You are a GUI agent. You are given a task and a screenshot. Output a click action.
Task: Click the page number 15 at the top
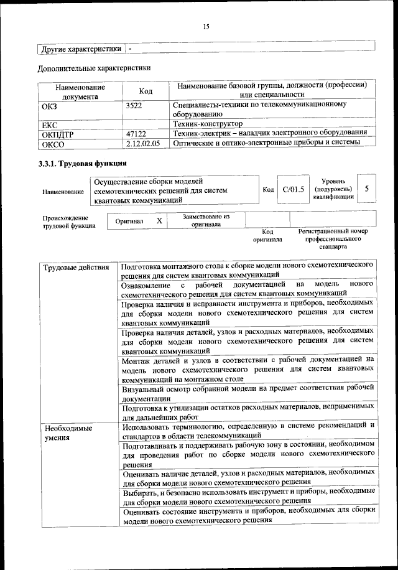206,26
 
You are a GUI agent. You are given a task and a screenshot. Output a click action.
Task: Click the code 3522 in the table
134,106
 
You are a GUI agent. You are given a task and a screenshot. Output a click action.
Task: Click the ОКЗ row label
49,106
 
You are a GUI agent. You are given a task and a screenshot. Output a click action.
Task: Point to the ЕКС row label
49,124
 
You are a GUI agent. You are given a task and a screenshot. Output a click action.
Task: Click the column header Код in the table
146,91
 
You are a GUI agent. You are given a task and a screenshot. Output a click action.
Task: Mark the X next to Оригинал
159,221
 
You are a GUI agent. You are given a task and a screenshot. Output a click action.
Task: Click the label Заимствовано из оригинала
206,220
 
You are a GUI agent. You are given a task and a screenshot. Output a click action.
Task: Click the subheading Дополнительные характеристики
94,68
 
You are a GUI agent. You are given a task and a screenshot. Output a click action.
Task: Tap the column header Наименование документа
80,92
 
